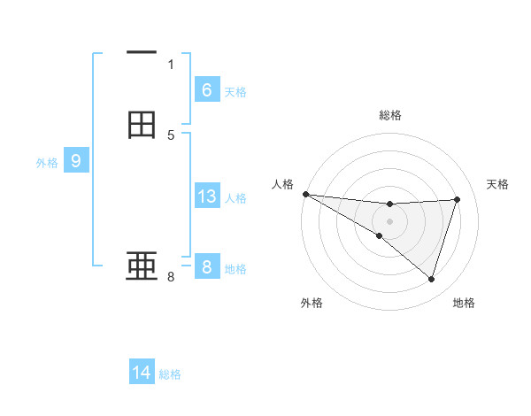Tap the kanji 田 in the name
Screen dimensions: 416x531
[x=142, y=125]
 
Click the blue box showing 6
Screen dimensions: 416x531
[x=206, y=89]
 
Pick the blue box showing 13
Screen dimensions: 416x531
[x=206, y=196]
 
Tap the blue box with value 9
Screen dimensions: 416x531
[x=76, y=161]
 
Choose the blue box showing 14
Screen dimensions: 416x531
[x=142, y=373]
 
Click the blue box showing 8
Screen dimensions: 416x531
[x=206, y=266]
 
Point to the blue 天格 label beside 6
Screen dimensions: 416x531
[x=235, y=91]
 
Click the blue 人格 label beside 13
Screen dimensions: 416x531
[x=236, y=197]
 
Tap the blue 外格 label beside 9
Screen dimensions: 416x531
[x=47, y=163]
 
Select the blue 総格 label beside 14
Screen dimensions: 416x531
[x=170, y=374]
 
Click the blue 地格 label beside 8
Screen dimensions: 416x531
[x=235, y=268]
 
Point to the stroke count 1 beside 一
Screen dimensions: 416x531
[x=171, y=64]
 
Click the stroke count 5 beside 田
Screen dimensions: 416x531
[x=171, y=135]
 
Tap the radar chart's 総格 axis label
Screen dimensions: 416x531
[x=389, y=115]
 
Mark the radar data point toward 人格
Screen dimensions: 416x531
[x=305, y=194]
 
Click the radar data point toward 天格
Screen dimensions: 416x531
[x=458, y=200]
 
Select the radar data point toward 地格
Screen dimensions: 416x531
[x=432, y=280]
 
